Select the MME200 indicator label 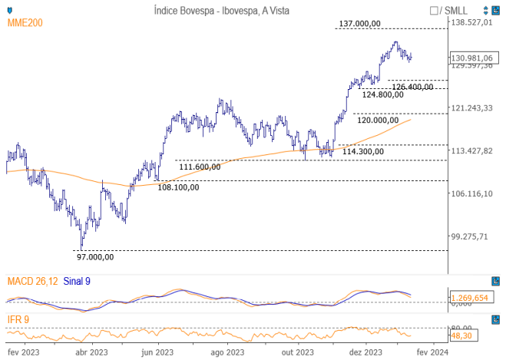click(25, 24)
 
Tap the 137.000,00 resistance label click(360, 24)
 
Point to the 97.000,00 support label click(95, 257)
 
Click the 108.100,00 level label click(178, 187)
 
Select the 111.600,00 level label click(199, 167)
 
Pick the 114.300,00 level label click(362, 152)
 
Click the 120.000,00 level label click(377, 120)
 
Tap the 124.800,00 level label click(383, 94)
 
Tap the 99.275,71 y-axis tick click(470, 236)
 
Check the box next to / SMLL click(435, 10)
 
